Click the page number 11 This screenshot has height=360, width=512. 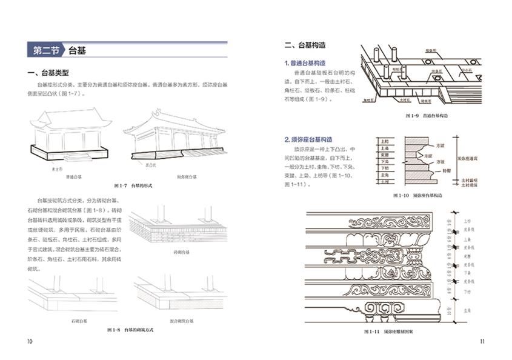click(x=482, y=341)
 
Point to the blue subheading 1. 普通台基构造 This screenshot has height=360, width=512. click(x=308, y=63)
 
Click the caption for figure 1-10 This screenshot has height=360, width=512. click(x=418, y=196)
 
